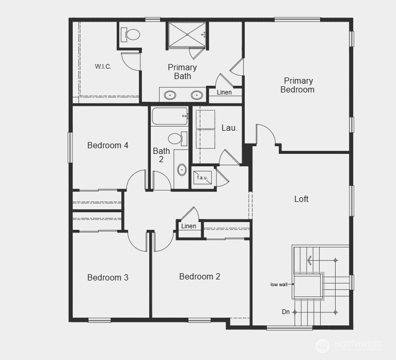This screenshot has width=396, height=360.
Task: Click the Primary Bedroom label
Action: pos(297,85)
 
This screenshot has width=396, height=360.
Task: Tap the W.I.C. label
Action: pos(103,67)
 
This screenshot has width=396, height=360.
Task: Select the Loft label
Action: pos(302,199)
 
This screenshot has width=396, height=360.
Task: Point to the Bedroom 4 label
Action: pos(108,145)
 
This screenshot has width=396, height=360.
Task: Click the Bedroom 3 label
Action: pos(108,277)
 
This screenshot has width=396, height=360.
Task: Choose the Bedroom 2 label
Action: pos(200,276)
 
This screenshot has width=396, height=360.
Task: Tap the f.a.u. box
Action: pos(202,178)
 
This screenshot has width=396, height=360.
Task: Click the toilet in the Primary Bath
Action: pos(131,35)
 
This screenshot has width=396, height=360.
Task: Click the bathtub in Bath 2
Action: pos(169,116)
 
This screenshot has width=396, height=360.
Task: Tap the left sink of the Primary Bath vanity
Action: pos(169,95)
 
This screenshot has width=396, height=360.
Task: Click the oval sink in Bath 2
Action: pos(182,169)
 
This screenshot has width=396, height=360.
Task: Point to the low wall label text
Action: pos(279,285)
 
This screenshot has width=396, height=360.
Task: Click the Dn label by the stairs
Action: pos(286,312)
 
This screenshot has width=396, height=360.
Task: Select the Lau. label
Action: pos(229,128)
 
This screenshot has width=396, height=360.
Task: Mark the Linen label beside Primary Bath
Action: pos(224,92)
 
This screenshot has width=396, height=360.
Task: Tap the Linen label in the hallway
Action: pos(188,226)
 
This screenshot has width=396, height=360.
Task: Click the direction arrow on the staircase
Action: pos(309,260)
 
